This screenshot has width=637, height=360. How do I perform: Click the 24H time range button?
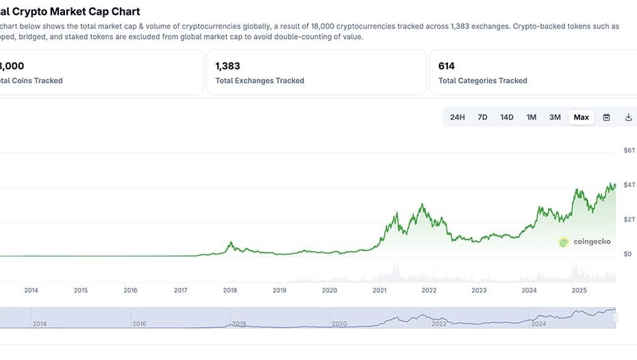pyautogui.click(x=458, y=117)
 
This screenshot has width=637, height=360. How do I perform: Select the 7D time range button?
pyautogui.click(x=482, y=117)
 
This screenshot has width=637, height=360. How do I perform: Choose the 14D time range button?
pyautogui.click(x=507, y=117)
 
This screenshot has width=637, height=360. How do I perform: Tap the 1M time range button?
pyautogui.click(x=532, y=117)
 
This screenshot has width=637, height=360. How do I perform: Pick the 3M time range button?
pyautogui.click(x=555, y=117)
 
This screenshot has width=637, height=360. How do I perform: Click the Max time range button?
pyautogui.click(x=581, y=117)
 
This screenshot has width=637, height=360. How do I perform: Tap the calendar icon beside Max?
pyautogui.click(x=606, y=117)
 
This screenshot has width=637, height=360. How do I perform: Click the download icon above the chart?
pyautogui.click(x=628, y=117)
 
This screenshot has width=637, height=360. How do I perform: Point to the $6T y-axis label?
pyautogui.click(x=629, y=150)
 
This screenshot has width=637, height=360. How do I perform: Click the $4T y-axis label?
pyautogui.click(x=629, y=185)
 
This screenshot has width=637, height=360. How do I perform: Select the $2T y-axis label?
pyautogui.click(x=629, y=219)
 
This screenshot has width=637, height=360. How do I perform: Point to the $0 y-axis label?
pyautogui.click(x=627, y=254)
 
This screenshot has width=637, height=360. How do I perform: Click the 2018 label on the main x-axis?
pyautogui.click(x=230, y=290)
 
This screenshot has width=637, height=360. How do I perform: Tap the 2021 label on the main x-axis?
pyautogui.click(x=379, y=290)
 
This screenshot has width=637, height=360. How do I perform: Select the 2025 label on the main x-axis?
pyautogui.click(x=579, y=290)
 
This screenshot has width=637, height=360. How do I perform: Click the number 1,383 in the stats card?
pyautogui.click(x=228, y=66)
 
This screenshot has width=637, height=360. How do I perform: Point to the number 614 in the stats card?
pyautogui.click(x=447, y=66)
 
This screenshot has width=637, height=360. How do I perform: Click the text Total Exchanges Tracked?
pyautogui.click(x=260, y=81)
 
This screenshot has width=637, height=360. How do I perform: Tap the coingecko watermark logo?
pyautogui.click(x=564, y=242)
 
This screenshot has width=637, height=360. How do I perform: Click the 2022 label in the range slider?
pyautogui.click(x=439, y=324)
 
